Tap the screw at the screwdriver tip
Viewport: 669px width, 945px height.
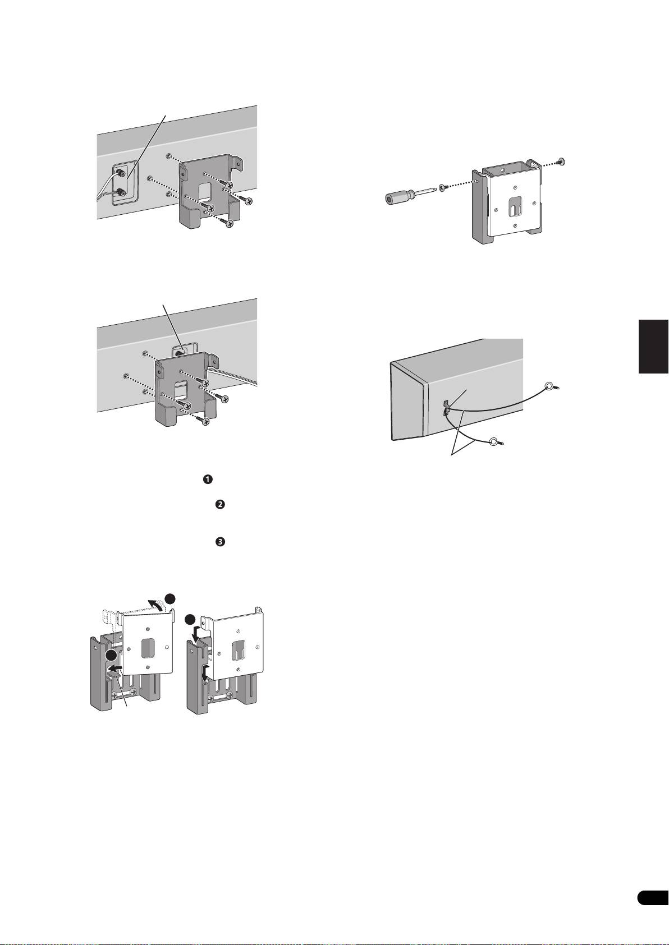click(443, 186)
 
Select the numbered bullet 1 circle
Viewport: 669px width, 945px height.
click(207, 480)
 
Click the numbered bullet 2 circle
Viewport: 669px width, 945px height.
click(220, 505)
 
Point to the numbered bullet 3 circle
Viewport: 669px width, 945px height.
click(220, 542)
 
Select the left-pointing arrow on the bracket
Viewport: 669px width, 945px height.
click(116, 667)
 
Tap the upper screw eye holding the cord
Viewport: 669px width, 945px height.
click(551, 386)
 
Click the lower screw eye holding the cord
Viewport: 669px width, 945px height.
click(494, 442)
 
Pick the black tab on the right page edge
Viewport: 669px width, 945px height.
click(653, 346)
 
